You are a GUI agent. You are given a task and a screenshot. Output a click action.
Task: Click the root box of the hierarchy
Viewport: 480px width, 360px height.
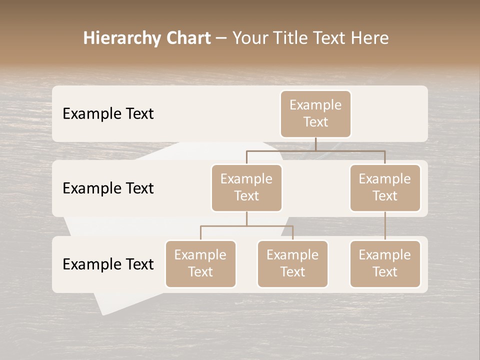click(315, 114)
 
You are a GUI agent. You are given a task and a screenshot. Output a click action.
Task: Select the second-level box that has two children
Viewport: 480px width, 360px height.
click(246, 188)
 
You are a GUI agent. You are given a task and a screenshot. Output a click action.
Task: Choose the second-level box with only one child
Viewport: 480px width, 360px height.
click(385, 188)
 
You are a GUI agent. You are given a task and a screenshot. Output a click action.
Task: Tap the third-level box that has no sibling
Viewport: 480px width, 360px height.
click(385, 264)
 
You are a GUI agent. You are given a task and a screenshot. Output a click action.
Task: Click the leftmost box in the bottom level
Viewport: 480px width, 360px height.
click(200, 264)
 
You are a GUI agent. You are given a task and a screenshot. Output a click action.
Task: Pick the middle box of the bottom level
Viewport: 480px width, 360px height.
click(292, 264)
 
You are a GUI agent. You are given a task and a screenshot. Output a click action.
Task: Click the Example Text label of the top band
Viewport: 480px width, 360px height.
click(108, 114)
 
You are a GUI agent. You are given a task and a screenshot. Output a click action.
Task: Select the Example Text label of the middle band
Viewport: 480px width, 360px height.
click(108, 188)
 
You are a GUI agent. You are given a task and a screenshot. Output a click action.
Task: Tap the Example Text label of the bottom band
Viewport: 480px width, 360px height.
click(108, 264)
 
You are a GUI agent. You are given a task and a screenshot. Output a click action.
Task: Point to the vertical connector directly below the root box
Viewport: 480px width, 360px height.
click(315, 144)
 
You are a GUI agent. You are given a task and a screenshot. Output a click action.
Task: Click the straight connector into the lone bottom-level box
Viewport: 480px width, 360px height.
click(385, 226)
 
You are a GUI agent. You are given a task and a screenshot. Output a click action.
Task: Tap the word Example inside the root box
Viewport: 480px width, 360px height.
click(315, 105)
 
